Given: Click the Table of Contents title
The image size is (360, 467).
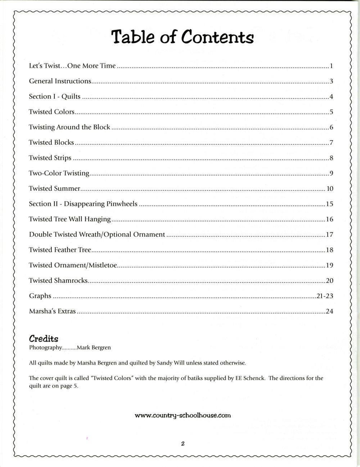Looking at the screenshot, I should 183,37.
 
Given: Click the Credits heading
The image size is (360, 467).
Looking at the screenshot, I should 44,338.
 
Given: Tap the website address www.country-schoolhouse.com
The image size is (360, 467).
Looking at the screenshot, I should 183,415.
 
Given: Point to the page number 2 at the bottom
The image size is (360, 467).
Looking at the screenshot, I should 183,444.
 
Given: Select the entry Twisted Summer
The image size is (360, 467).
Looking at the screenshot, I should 54,188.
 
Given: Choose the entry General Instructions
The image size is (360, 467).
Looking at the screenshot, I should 60,81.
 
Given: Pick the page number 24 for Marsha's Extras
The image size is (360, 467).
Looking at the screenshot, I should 329,311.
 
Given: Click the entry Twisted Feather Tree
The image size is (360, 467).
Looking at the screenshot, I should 60,250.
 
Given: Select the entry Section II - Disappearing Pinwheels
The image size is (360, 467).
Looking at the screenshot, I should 83,204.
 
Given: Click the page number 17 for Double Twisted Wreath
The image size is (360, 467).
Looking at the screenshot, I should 329,235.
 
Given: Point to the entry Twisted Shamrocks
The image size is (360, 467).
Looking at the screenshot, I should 58,280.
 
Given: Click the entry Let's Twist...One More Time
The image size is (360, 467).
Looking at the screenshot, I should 72,66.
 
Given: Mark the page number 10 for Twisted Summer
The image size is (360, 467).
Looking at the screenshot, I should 330,189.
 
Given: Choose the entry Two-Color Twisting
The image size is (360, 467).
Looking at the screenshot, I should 59,173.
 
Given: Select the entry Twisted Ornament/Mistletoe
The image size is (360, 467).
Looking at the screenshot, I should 73,265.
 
